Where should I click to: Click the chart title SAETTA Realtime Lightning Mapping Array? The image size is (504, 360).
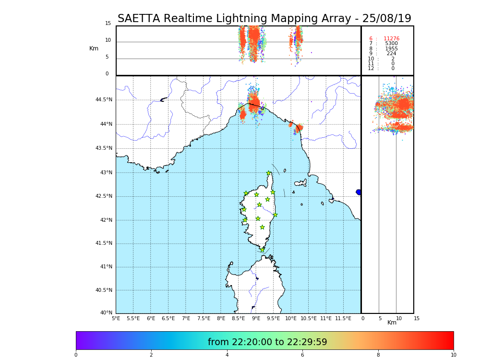pos(264,19)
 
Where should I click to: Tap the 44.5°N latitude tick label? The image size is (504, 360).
pos(104,100)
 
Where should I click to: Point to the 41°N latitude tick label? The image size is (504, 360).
pos(106,267)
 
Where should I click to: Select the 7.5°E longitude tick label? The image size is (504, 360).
pos(204,319)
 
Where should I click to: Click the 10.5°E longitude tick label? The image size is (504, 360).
pos(309,319)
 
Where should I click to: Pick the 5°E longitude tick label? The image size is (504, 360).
pos(116,319)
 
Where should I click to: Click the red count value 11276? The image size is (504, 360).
pos(391,39)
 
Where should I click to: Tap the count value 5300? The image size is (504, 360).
pos(391,44)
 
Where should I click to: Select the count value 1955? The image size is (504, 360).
pos(391,49)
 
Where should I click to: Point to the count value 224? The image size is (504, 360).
pos(391,54)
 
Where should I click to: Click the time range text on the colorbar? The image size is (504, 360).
pos(267,342)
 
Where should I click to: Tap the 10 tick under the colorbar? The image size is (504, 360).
pos(453,355)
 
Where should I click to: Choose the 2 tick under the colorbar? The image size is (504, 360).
pos(151,355)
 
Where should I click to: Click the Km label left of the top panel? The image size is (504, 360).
pos(94,48)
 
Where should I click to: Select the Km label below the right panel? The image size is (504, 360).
pos(392,323)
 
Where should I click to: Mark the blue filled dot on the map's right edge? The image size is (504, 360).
pos(359,192)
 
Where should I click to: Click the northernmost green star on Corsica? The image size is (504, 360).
pos(269,173)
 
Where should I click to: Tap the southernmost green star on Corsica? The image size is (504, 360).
pos(263,250)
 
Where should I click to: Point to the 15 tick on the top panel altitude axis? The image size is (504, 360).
pos(108,24)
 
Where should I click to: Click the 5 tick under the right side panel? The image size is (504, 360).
pos(380,319)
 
